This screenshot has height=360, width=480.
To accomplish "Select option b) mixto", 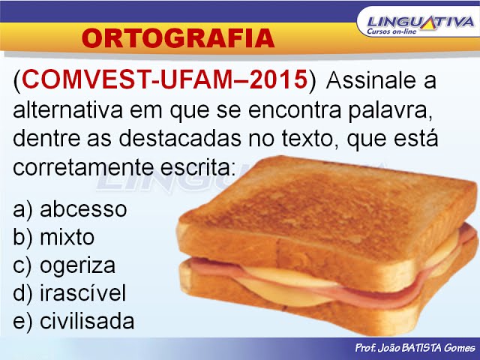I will [x=54, y=237].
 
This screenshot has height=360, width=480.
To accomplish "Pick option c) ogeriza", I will [x=64, y=265].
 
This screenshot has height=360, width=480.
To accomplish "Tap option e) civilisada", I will [x=73, y=321].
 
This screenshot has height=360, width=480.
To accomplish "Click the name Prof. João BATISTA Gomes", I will [x=415, y=349].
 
